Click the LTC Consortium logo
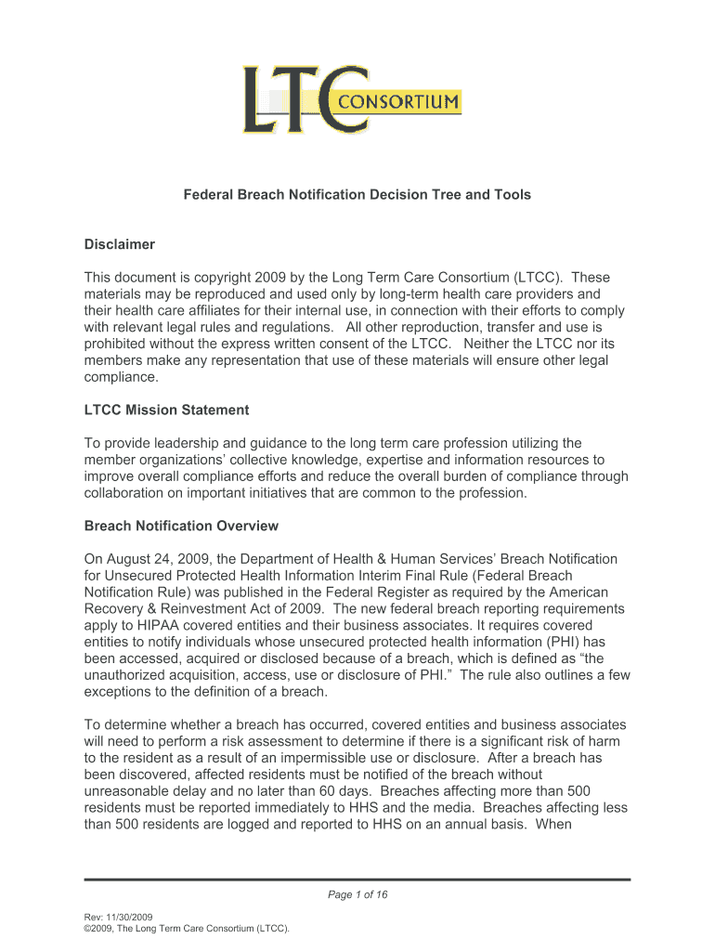click(351, 100)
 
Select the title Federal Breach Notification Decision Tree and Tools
click(357, 195)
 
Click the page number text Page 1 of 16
click(357, 894)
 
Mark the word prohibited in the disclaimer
click(116, 345)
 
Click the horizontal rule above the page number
click(357, 879)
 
